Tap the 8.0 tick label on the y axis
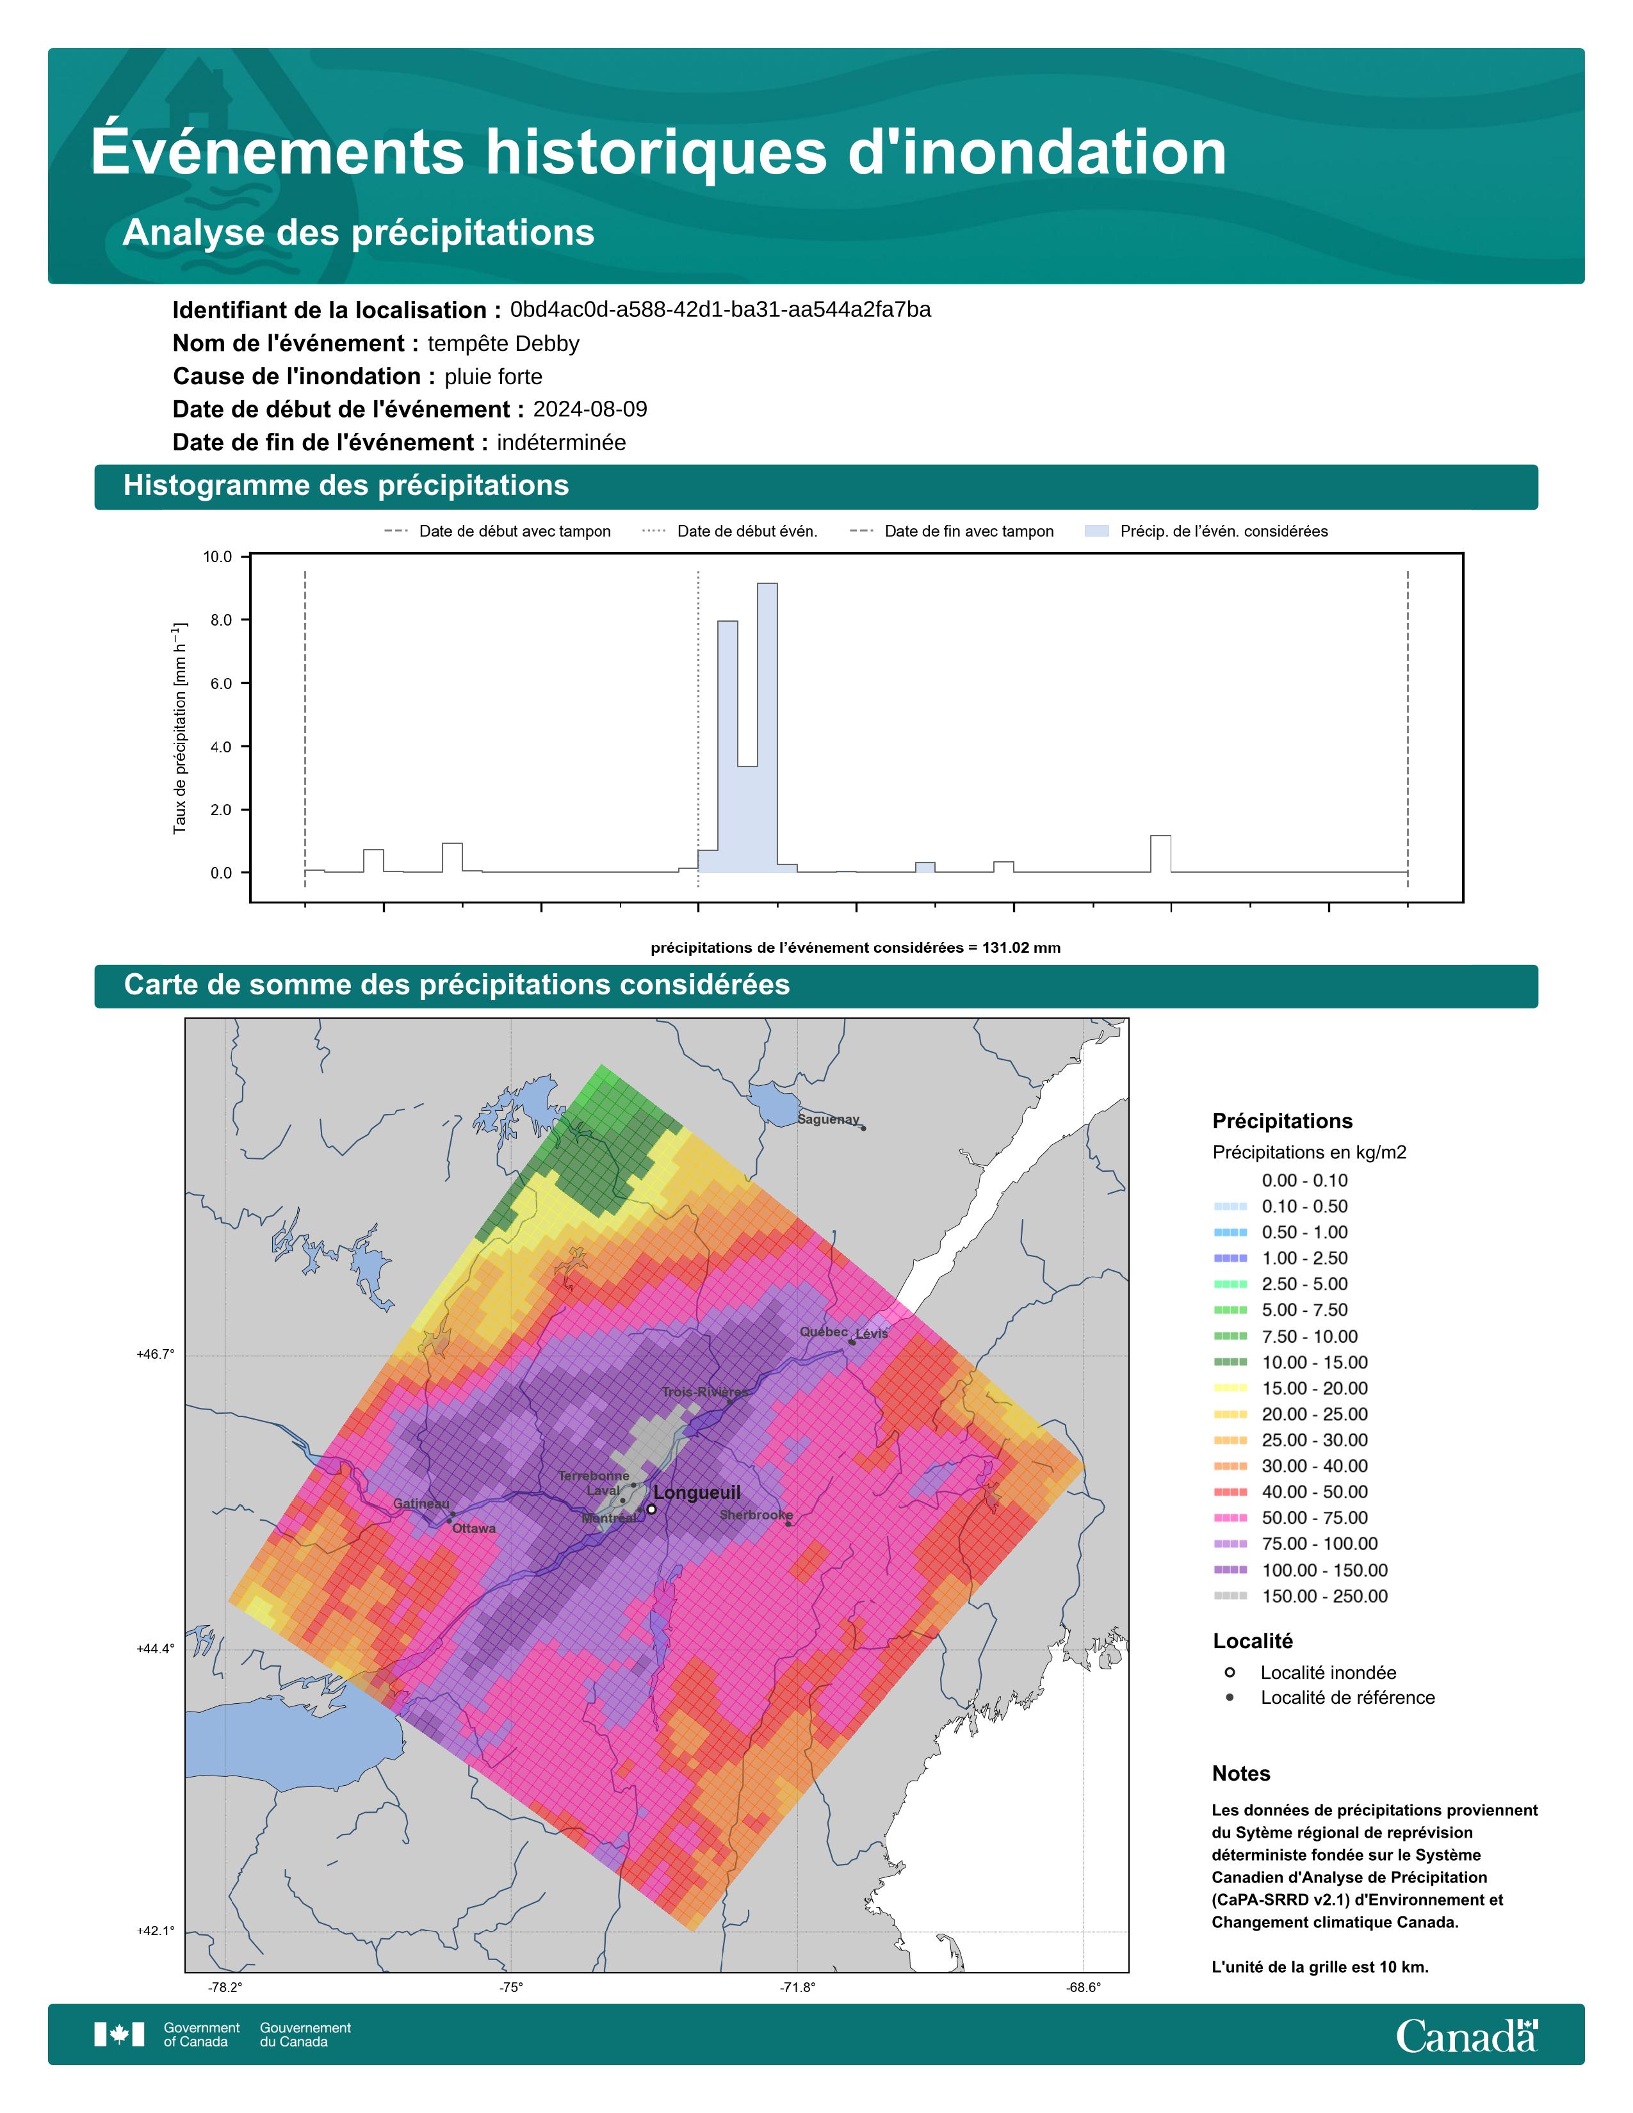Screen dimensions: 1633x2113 [x=218, y=620]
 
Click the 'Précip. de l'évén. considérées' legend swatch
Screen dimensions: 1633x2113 [x=1097, y=531]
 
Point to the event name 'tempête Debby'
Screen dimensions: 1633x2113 [x=503, y=343]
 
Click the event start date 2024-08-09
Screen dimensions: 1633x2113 [x=590, y=409]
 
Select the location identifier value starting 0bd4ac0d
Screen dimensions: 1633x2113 [x=720, y=310]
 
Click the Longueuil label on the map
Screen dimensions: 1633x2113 [x=697, y=1493]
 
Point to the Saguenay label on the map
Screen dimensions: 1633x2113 [x=828, y=1119]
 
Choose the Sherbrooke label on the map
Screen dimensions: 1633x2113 [x=756, y=1515]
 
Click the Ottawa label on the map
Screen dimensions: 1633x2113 [x=474, y=1528]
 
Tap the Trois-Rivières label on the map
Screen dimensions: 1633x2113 [x=704, y=1392]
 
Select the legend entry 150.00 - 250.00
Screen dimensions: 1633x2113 [x=1324, y=1596]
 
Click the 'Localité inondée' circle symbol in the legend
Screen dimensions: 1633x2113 [x=1230, y=1672]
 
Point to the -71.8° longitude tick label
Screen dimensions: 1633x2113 [x=797, y=1988]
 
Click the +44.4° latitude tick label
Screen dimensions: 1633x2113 [x=156, y=1649]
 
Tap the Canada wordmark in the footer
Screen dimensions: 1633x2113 [x=1466, y=2036]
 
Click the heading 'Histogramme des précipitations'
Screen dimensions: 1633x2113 [x=346, y=486]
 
